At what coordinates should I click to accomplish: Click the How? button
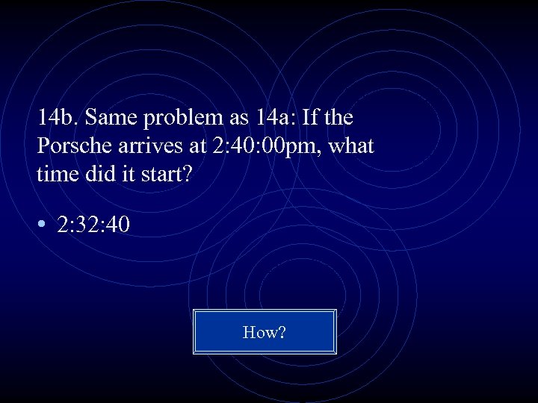click(x=265, y=332)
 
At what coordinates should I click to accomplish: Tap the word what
click(x=350, y=146)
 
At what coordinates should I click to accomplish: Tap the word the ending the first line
click(x=338, y=118)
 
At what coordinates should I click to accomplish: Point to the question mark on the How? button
click(x=282, y=332)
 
